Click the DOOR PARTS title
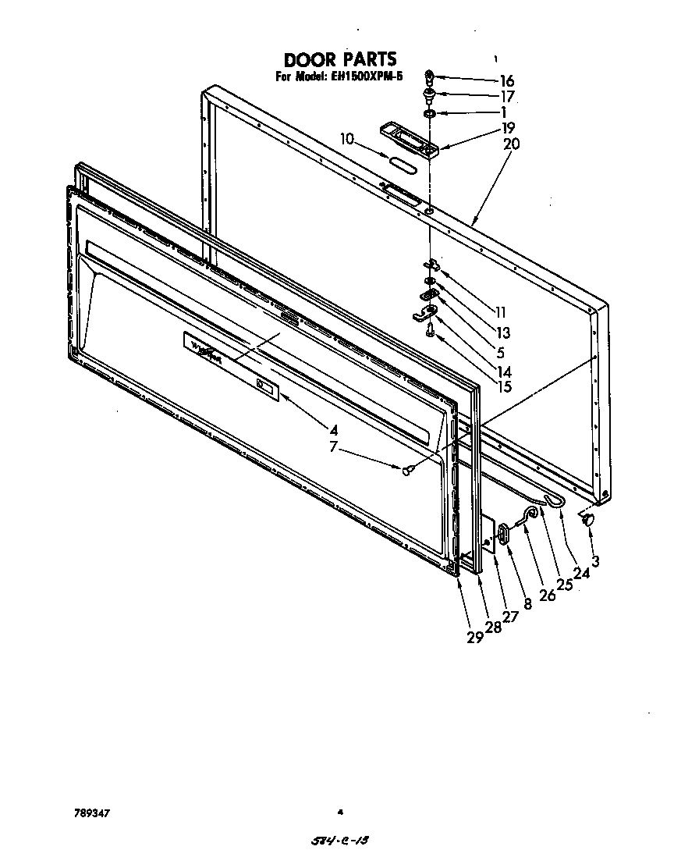(x=339, y=59)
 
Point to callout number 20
(x=512, y=144)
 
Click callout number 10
(x=347, y=139)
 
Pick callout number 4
(x=333, y=428)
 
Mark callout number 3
(x=594, y=560)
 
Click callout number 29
(x=474, y=637)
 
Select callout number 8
(x=528, y=603)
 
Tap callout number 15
(x=505, y=386)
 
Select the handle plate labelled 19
(x=407, y=139)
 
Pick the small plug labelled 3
(x=588, y=519)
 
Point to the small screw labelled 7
(x=407, y=469)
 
